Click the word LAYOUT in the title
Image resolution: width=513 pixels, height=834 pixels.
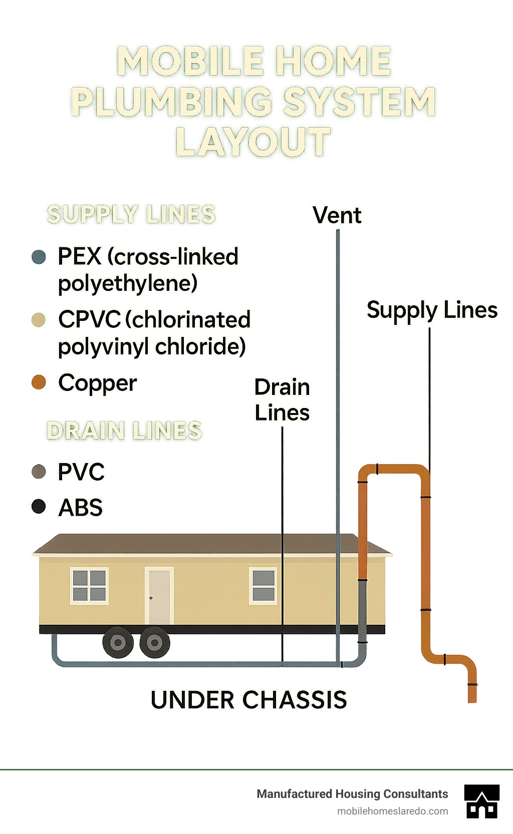coord(253,142)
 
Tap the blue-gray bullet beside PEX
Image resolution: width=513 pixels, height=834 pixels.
coord(39,257)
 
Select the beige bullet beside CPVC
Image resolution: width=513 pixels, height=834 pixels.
coord(39,320)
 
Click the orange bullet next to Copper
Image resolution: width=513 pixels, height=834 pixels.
coord(39,382)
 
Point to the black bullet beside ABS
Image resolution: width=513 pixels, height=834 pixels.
coord(39,507)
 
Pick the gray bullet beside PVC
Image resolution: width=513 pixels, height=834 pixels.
coord(39,471)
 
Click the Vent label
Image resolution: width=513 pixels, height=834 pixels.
coord(337,215)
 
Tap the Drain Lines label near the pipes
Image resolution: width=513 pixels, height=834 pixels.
coord(282,399)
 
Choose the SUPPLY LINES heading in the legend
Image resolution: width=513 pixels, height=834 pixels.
coord(131,214)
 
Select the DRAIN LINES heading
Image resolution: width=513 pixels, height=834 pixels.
coord(124,431)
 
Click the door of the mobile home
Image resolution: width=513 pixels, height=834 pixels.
coord(159,596)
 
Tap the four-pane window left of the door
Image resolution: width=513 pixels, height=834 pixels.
coord(89,586)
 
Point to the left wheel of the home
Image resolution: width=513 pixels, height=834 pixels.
coord(118,642)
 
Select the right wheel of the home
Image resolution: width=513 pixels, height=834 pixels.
coord(154,642)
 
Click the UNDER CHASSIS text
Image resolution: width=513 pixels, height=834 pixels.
coord(248,700)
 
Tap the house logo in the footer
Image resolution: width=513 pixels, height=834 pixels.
coord(481,801)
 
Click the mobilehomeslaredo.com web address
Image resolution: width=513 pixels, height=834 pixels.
coord(392,811)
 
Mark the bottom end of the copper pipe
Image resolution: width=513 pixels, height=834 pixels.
coord(472,699)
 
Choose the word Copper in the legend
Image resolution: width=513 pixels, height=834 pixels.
coord(97,383)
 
